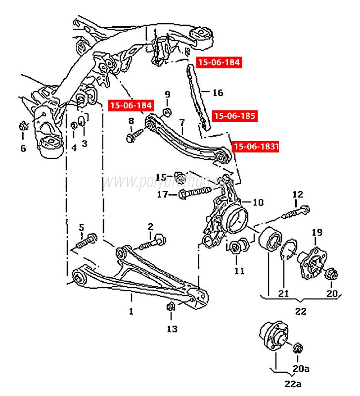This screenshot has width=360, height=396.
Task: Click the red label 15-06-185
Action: (234, 116)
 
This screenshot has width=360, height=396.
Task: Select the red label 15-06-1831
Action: (256, 147)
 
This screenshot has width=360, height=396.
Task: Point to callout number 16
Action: (218, 93)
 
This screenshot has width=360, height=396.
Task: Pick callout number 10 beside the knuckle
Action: (259, 202)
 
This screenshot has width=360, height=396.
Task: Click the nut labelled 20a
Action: (298, 348)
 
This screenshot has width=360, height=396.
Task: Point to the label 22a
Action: (291, 384)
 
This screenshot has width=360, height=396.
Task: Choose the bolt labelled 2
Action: (151, 242)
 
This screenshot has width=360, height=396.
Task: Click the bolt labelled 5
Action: (87, 242)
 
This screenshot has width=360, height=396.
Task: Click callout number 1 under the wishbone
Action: (131, 311)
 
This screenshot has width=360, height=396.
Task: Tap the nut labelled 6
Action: (23, 126)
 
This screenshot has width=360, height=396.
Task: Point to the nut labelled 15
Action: (180, 176)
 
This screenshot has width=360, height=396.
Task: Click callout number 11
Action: (239, 271)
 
